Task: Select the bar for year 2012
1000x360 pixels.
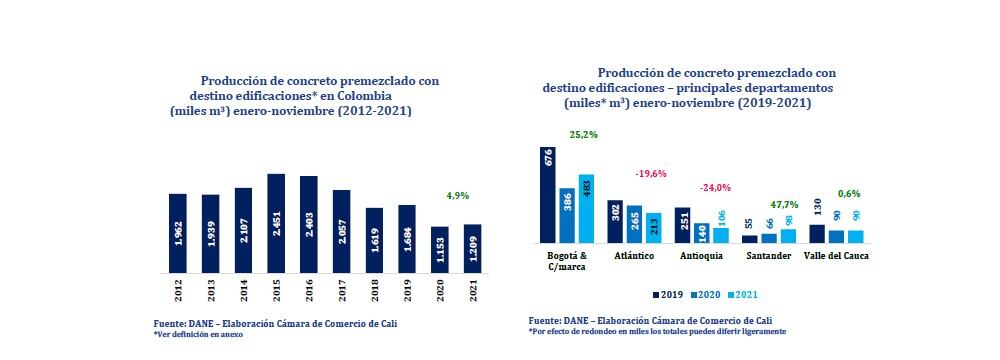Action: (x=178, y=233)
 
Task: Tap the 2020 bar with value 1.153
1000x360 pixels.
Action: (x=441, y=249)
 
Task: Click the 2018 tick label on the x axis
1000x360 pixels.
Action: (x=376, y=291)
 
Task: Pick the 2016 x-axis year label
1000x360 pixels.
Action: (x=310, y=291)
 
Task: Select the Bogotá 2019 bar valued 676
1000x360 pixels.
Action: (x=548, y=195)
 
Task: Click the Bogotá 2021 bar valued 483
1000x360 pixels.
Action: (x=586, y=209)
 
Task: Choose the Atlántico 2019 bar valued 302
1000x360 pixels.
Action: (x=615, y=221)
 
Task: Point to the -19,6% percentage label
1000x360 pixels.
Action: (x=652, y=173)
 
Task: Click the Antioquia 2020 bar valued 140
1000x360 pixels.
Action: (x=702, y=233)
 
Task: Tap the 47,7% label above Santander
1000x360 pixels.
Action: (x=780, y=203)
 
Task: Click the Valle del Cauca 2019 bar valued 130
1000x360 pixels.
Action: (x=817, y=234)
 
